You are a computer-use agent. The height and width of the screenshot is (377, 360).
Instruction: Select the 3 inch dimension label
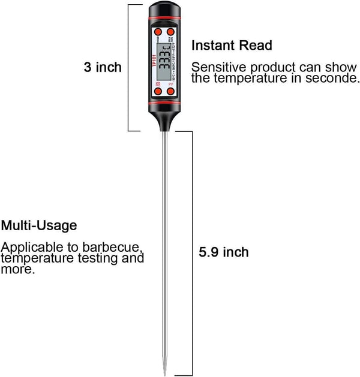103,67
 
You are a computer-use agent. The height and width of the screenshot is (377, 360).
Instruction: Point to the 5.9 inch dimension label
223,252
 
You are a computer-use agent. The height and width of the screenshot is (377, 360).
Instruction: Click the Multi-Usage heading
39,226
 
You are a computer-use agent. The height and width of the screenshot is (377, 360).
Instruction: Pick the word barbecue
114,248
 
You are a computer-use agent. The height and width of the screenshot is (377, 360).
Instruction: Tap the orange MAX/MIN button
171,32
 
